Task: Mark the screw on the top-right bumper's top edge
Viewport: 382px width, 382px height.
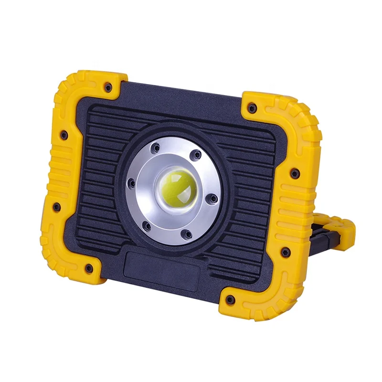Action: (252, 108)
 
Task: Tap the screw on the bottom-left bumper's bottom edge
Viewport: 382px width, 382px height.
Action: (88, 268)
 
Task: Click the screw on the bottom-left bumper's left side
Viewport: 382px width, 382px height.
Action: (56, 207)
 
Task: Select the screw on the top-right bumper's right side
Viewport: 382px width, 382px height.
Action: (296, 172)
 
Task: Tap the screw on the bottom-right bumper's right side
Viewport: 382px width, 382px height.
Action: (286, 251)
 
